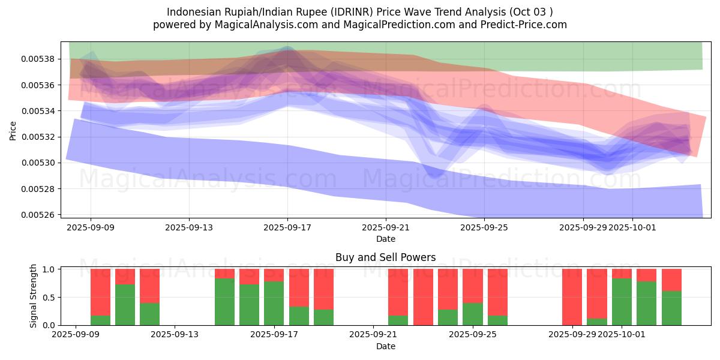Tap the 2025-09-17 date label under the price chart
point(287,227)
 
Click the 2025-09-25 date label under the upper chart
point(484,227)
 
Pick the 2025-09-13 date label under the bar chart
point(175,334)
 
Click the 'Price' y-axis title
point(13,131)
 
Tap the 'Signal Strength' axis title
point(34,296)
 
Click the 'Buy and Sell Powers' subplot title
point(385,258)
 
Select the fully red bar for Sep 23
point(423,297)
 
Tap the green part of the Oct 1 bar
point(622,302)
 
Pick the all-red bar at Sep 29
point(572,297)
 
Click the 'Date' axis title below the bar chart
point(385,346)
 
